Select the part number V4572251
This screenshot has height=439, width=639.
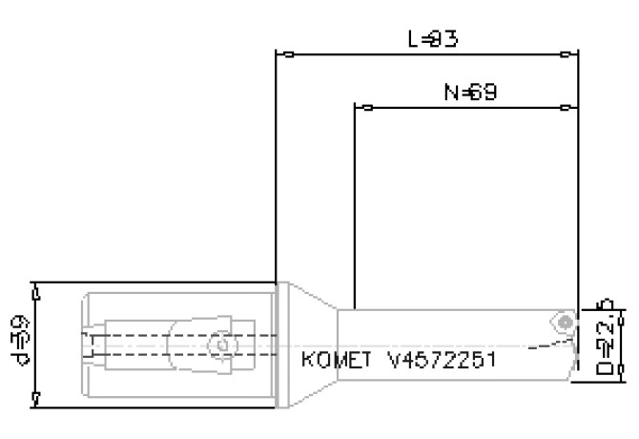[442, 361]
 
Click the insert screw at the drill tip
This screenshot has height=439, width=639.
[566, 322]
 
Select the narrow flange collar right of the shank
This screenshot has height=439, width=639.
[279, 345]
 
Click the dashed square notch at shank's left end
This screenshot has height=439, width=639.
[90, 345]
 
